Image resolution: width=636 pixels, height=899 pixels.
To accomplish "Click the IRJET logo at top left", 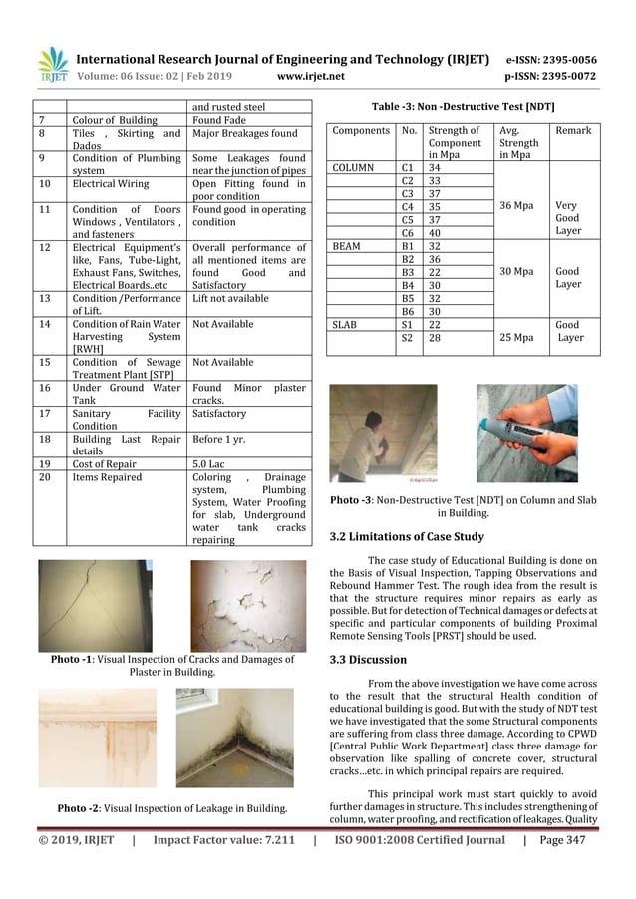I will pyautogui.click(x=52, y=65).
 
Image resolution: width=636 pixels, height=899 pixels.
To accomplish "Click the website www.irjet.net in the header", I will pyautogui.click(x=312, y=74).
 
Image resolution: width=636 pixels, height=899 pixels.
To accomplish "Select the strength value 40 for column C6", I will pyautogui.click(x=435, y=231).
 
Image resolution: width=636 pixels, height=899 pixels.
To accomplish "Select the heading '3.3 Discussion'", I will pyautogui.click(x=368, y=660).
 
